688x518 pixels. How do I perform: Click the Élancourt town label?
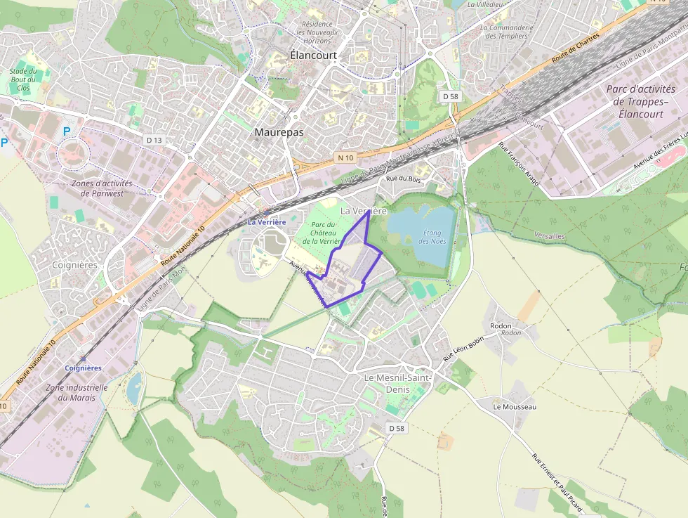pyautogui.click(x=313, y=55)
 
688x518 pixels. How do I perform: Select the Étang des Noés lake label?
pyautogui.click(x=432, y=237)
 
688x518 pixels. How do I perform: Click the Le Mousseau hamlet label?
pyautogui.click(x=514, y=407)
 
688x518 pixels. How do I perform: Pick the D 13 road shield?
pyautogui.click(x=154, y=140)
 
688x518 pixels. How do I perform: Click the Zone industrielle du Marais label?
pyautogui.click(x=77, y=392)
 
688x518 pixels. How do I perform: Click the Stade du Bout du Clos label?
pyautogui.click(x=22, y=79)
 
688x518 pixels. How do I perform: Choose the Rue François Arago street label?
pyautogui.click(x=519, y=164)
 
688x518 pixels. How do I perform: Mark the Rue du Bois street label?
pyautogui.click(x=403, y=179)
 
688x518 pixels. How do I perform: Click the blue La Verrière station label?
pyautogui.click(x=267, y=222)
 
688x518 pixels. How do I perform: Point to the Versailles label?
pyautogui.click(x=549, y=236)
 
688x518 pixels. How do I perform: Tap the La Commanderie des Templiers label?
pyautogui.click(x=507, y=32)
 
